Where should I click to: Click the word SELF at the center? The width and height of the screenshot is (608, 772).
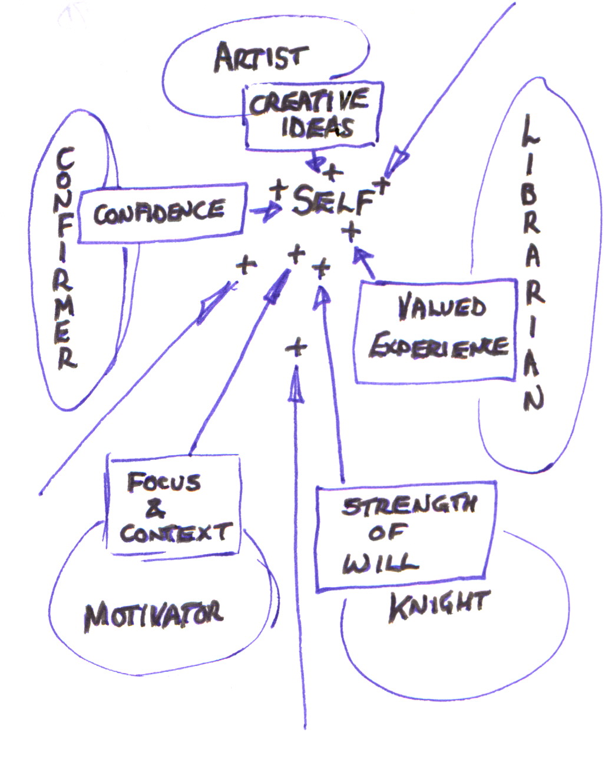pyautogui.click(x=332, y=200)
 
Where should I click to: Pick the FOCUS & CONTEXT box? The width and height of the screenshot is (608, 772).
pyautogui.click(x=173, y=505)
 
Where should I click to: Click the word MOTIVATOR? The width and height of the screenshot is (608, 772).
pyautogui.click(x=154, y=615)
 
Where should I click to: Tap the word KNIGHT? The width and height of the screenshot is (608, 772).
pyautogui.click(x=438, y=607)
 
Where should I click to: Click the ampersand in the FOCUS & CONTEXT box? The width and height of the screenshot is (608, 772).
pyautogui.click(x=154, y=508)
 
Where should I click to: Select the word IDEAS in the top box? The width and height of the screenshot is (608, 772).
pyautogui.click(x=318, y=128)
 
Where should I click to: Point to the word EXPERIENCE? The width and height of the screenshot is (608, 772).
pyautogui.click(x=438, y=346)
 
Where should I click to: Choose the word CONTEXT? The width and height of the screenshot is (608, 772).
pyautogui.click(x=175, y=533)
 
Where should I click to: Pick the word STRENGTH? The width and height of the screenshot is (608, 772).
pyautogui.click(x=409, y=506)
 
